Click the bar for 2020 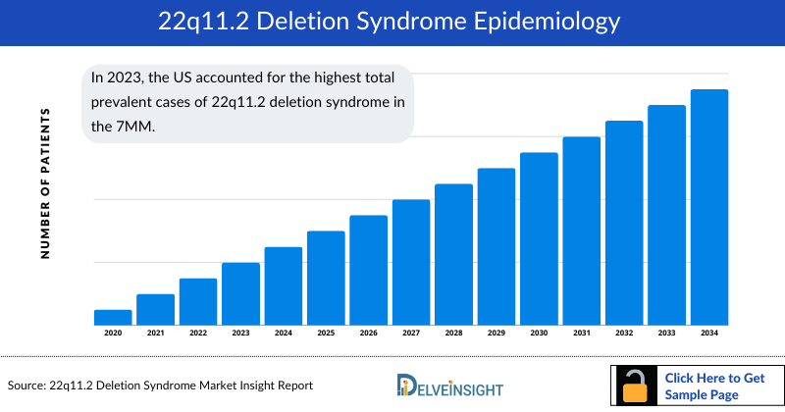point(113,317)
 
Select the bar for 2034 point(709,207)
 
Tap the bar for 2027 point(411,262)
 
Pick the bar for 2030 point(539,238)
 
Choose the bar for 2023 point(240,293)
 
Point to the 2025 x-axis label point(326,334)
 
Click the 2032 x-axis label point(624,334)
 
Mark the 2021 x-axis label point(155,334)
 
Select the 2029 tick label point(497,334)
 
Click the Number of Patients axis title point(45,183)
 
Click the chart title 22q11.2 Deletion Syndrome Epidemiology point(392,22)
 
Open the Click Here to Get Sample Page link point(714,386)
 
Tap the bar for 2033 point(667,215)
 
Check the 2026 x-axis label point(369,334)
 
